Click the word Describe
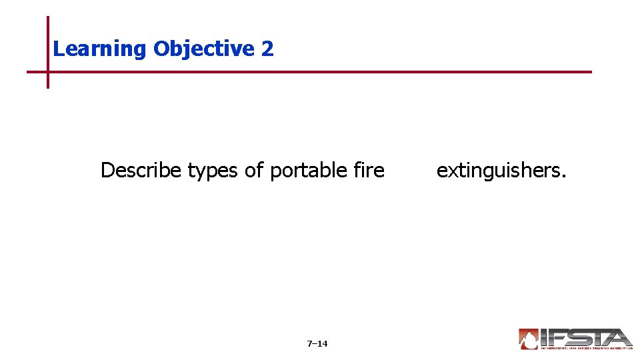click(141, 171)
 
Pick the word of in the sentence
click(254, 171)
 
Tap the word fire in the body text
click(370, 171)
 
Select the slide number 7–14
click(317, 344)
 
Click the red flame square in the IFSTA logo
click(529, 339)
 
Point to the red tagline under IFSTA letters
click(587, 348)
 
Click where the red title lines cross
click(48, 71)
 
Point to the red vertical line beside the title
click(48, 40)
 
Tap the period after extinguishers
click(564, 177)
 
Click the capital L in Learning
click(57, 49)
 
